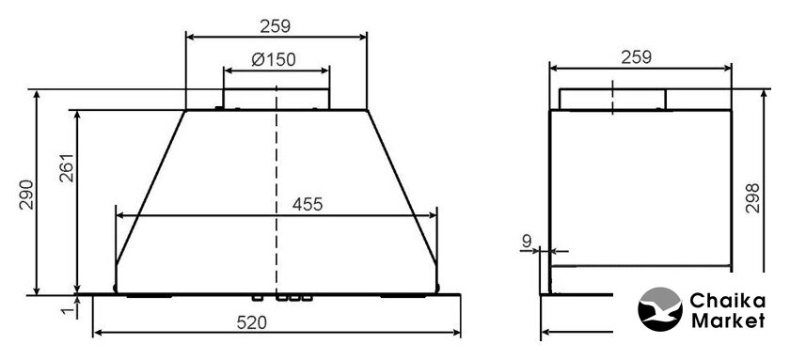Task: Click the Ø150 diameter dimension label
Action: (x=274, y=59)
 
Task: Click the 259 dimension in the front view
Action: (x=275, y=26)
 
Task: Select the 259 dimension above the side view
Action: (x=637, y=57)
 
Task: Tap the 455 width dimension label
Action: (x=307, y=204)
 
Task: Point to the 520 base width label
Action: (x=251, y=322)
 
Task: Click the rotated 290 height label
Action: (x=26, y=195)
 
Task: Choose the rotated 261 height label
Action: (x=67, y=167)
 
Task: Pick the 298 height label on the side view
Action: (x=752, y=198)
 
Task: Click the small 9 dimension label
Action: (x=527, y=242)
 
